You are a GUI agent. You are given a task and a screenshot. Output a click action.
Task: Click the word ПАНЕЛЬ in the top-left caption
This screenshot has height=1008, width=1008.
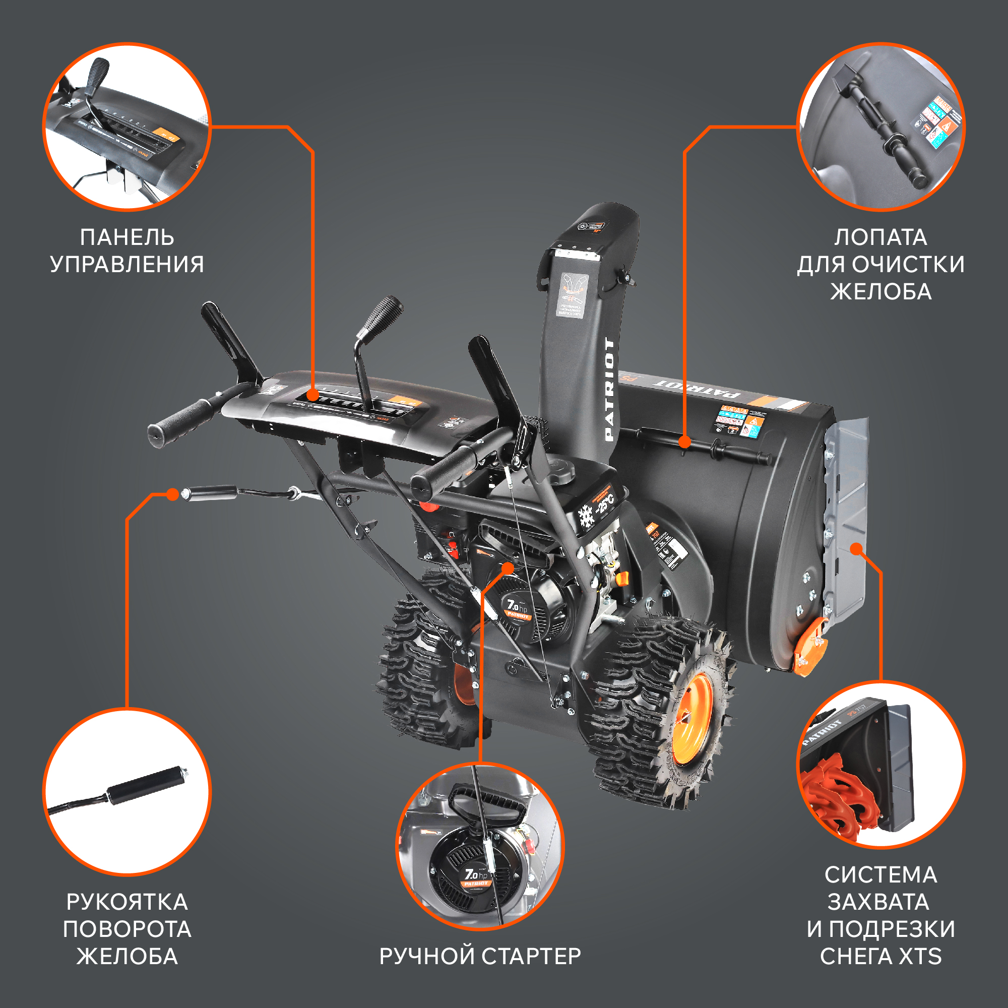point(127,237)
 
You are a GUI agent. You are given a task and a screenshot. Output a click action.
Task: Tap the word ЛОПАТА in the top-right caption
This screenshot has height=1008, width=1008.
point(880,237)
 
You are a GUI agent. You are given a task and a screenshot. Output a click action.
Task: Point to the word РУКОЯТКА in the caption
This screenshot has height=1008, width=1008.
point(127,902)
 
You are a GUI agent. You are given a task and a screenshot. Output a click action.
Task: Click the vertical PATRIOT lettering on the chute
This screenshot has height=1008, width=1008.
point(609,389)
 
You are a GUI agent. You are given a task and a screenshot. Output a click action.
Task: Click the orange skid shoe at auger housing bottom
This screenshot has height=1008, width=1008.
point(810,647)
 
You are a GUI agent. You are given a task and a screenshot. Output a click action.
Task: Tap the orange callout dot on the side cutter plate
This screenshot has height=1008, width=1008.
point(856,548)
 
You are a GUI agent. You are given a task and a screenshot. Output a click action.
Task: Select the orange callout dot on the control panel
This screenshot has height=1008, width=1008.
point(312,395)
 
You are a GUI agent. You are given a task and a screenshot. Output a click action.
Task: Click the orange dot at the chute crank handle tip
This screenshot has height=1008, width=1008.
point(172,494)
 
